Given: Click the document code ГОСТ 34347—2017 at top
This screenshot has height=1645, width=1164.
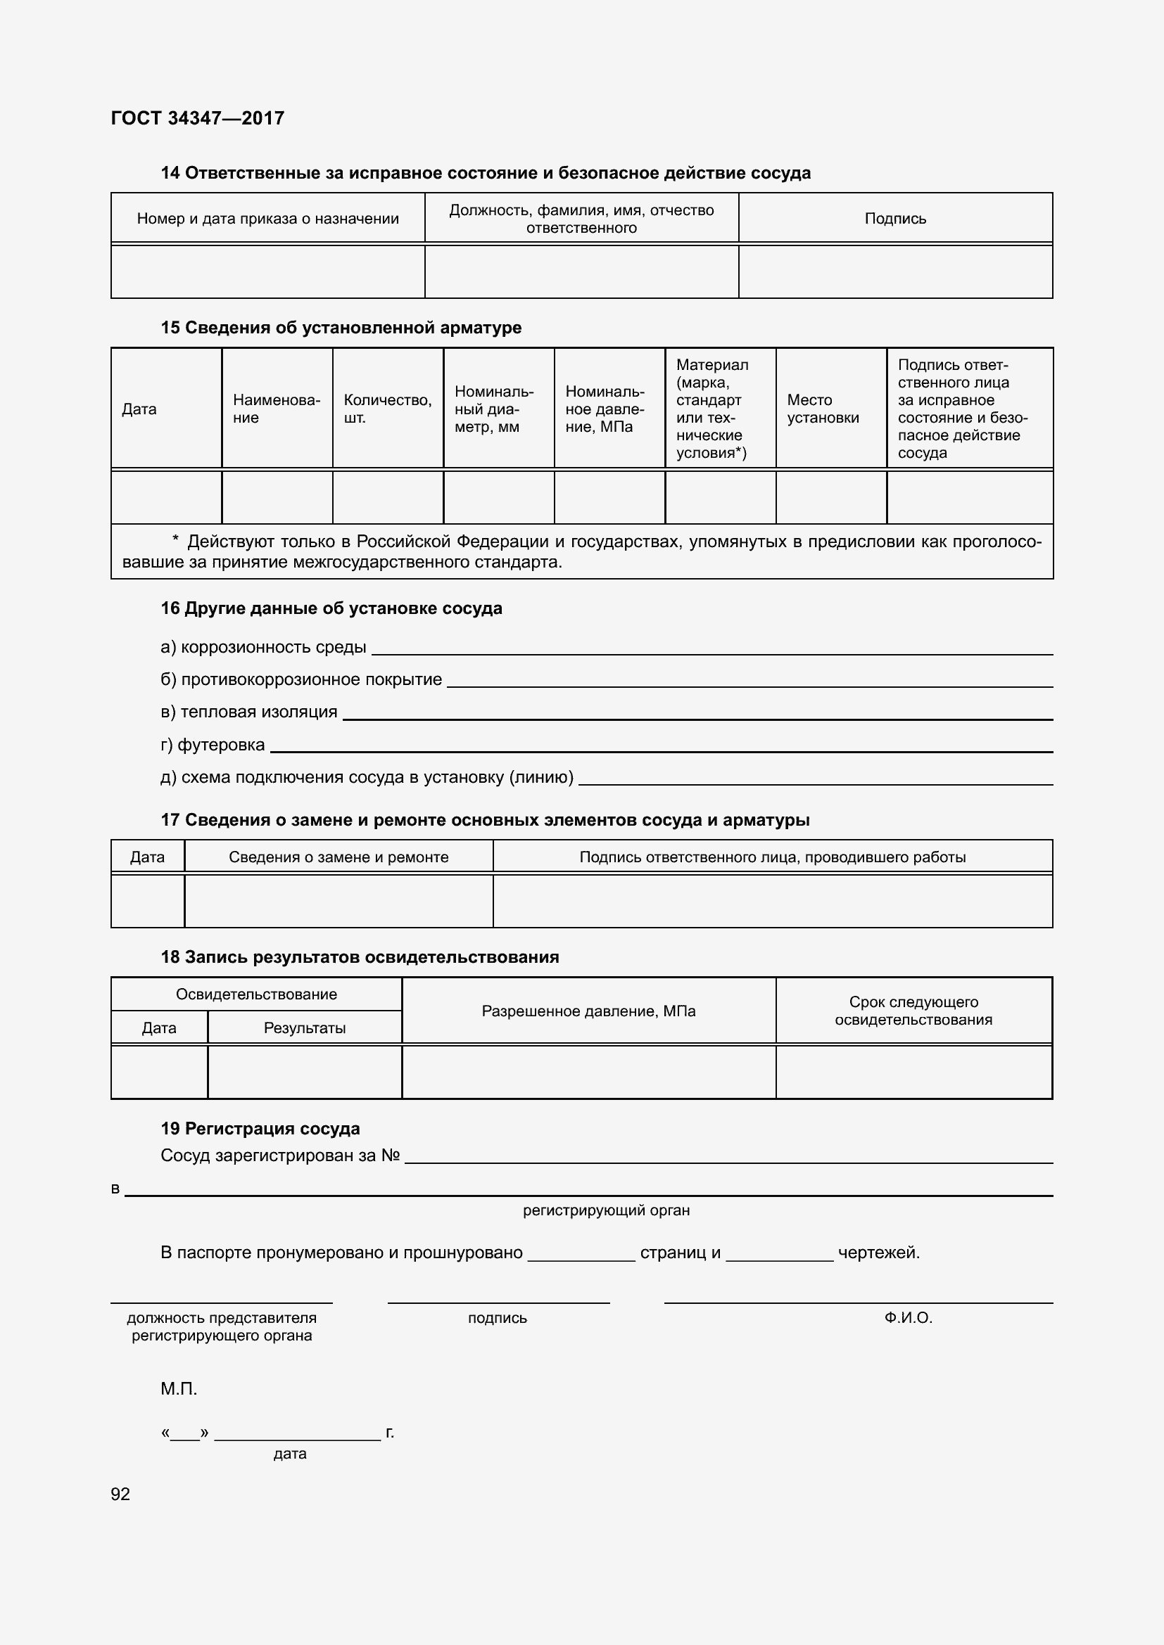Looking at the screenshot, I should click(x=198, y=118).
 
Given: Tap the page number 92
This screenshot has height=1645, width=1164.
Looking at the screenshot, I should click(x=120, y=1494).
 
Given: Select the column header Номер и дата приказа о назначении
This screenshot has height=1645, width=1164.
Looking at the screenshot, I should click(x=267, y=219).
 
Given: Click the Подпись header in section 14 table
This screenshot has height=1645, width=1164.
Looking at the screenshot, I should click(x=895, y=219).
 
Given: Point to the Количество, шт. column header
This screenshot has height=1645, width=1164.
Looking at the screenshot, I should click(x=387, y=409).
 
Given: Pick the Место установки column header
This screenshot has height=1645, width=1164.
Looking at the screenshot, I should click(x=823, y=409).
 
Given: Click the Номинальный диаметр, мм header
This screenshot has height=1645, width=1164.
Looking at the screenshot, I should click(x=494, y=409).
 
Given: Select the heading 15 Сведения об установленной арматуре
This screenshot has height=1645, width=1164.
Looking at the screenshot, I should click(x=341, y=328).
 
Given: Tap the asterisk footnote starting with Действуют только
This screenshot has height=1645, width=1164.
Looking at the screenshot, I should click(x=581, y=551).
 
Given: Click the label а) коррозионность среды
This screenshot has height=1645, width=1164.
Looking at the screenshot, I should click(x=263, y=647).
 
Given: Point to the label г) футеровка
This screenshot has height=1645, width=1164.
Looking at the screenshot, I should click(x=213, y=745).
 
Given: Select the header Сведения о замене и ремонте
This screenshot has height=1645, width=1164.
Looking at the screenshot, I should click(x=339, y=857).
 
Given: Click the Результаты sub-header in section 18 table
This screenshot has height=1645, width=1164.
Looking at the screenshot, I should click(x=305, y=1028).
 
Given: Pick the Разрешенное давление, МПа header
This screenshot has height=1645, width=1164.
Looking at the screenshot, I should click(x=588, y=1011).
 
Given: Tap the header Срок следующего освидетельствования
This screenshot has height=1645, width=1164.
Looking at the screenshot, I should click(x=913, y=1010).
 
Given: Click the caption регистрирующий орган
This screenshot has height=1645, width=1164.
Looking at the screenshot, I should click(x=607, y=1210).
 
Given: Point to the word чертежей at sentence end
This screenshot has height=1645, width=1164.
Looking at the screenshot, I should click(x=878, y=1253).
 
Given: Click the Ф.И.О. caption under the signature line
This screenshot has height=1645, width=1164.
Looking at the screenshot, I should click(x=908, y=1317).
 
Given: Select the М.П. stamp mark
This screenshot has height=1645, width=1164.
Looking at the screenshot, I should click(x=179, y=1388).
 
